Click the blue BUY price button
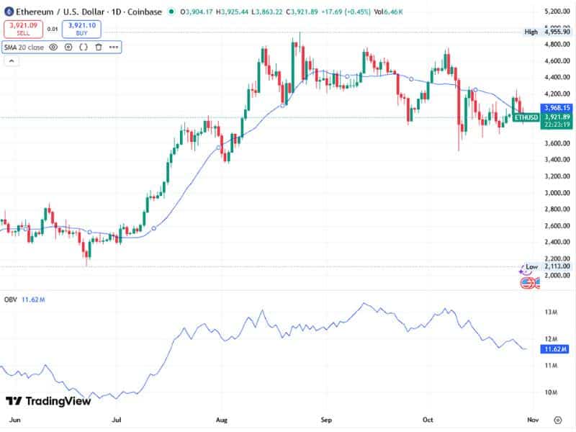pyautogui.click(x=81, y=29)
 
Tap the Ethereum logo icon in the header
pyautogui.click(x=9, y=12)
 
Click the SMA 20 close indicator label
pyautogui.click(x=24, y=48)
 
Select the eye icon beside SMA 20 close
pyautogui.click(x=53, y=48)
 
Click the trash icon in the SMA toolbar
pyautogui.click(x=98, y=48)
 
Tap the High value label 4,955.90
pyautogui.click(x=551, y=32)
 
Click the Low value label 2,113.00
pyautogui.click(x=551, y=266)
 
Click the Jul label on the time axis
pyautogui.click(x=117, y=418)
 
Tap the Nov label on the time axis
pyautogui.click(x=531, y=418)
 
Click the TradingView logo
pyautogui.click(x=48, y=401)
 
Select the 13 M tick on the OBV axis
pyautogui.click(x=552, y=312)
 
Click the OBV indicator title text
pyautogui.click(x=11, y=298)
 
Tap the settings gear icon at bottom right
pyautogui.click(x=557, y=419)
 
